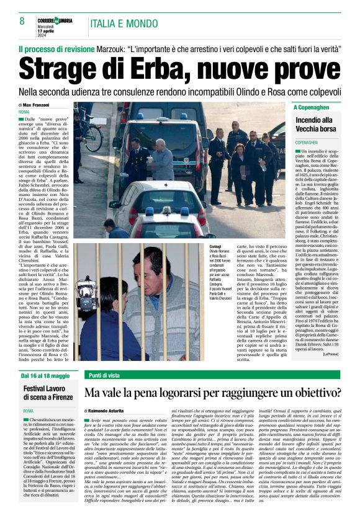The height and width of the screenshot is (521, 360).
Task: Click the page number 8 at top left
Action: click(22, 20)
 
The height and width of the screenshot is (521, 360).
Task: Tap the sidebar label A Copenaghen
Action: click(313, 107)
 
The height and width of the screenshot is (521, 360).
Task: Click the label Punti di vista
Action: click(104, 376)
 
